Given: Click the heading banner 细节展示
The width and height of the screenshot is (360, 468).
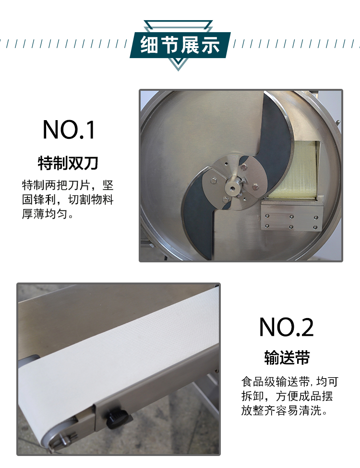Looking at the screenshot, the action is [180, 45].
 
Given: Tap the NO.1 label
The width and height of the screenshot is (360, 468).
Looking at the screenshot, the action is [69, 130].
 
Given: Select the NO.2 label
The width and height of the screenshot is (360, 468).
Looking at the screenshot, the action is [287, 327].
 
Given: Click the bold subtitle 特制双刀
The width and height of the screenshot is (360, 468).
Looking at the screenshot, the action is [68, 163].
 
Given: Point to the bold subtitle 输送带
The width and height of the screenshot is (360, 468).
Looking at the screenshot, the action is [287, 357].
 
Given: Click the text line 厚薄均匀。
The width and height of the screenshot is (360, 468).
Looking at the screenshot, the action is [48, 214].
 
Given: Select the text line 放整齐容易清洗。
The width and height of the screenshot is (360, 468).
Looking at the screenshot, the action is [284, 410].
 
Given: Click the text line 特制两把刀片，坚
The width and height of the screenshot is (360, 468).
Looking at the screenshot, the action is [68, 185].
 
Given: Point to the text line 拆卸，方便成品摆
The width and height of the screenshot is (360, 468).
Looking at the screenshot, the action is [287, 396].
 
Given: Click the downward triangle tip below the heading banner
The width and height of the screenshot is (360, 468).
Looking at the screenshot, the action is [179, 70].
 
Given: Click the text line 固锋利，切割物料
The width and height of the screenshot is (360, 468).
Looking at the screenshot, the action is [68, 199].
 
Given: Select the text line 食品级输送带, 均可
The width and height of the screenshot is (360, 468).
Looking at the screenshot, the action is [289, 382].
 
